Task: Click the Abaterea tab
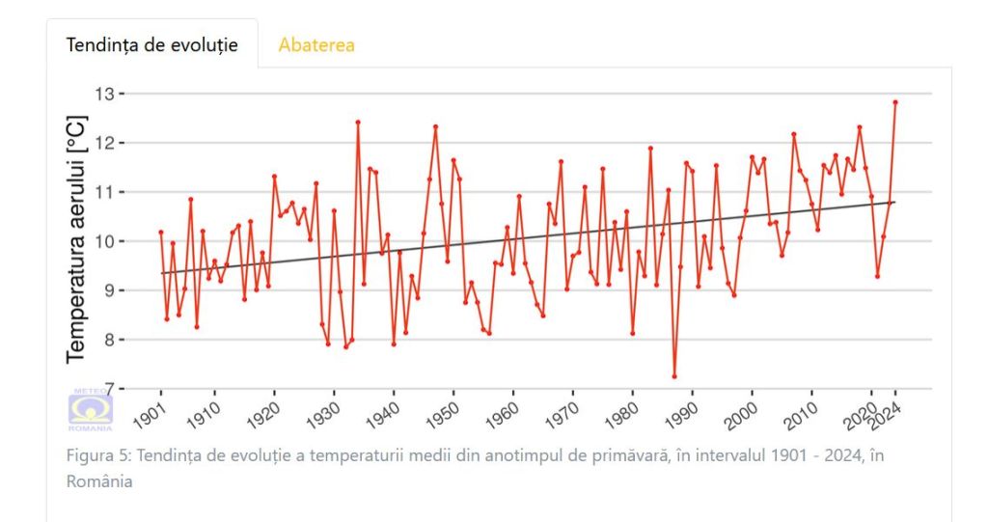click(x=316, y=44)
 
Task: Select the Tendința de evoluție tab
click(x=151, y=44)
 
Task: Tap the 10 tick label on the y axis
click(x=104, y=241)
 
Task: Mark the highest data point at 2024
click(x=895, y=101)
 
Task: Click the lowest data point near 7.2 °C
click(x=674, y=376)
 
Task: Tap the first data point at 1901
click(x=161, y=233)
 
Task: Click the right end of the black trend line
click(x=895, y=202)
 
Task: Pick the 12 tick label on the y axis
click(x=104, y=143)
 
